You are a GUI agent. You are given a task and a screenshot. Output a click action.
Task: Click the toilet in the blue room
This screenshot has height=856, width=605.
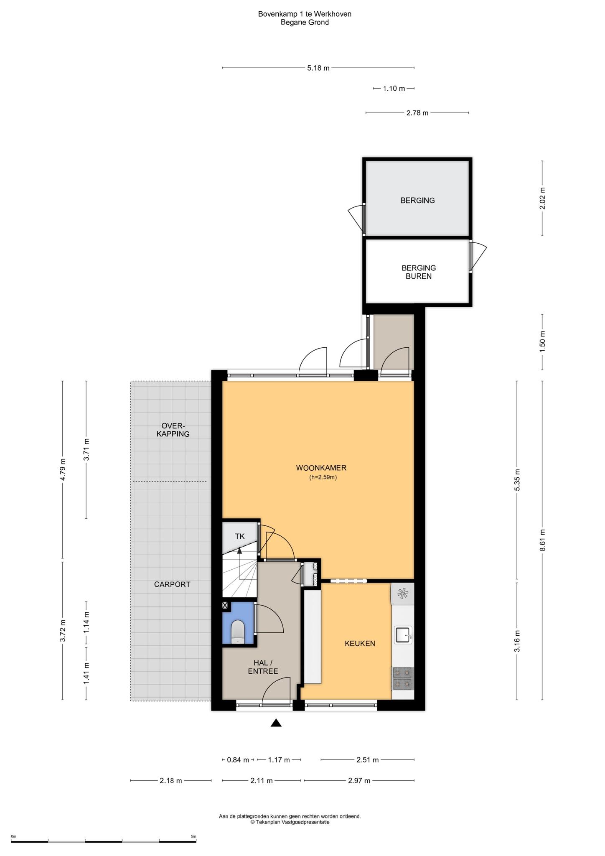[238, 632]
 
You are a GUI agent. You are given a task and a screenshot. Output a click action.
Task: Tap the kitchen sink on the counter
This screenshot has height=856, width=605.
[403, 634]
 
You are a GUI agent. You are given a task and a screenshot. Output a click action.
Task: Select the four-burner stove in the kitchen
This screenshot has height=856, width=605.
[402, 678]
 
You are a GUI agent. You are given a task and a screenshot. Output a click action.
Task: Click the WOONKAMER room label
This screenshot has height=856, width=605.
[321, 468]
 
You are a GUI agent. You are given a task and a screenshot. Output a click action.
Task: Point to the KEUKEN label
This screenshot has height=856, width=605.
[360, 643]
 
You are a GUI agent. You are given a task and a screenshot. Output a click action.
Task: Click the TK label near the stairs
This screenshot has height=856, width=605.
[239, 536]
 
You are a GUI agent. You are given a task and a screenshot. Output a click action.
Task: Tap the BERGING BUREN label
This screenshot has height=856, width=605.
[419, 272]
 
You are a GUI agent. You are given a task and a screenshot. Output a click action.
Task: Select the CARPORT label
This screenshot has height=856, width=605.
[172, 584]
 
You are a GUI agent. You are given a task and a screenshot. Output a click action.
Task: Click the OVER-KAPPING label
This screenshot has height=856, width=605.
[173, 430]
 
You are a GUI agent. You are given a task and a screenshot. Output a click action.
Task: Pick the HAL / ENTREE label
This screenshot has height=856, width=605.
[263, 667]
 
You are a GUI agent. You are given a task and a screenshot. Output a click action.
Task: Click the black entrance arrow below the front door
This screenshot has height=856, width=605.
[276, 723]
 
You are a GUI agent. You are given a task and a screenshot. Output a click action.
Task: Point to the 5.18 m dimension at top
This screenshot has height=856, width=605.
[318, 68]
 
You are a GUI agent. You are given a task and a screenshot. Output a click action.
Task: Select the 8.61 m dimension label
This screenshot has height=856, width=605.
[542, 540]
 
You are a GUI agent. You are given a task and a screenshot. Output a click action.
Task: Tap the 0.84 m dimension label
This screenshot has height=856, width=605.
[238, 760]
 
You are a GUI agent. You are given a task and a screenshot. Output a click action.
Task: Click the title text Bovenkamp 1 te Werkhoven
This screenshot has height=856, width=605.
[305, 14]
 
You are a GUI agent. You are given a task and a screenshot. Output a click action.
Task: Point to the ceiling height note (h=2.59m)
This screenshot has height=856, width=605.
[323, 477]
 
